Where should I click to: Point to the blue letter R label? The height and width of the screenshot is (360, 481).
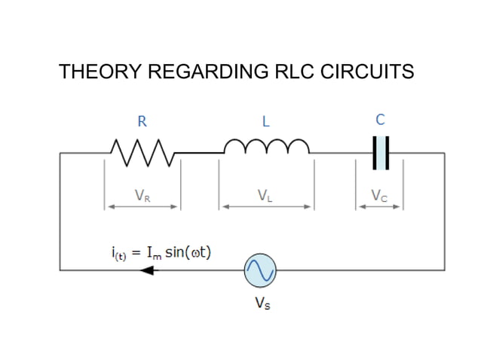point(141,121)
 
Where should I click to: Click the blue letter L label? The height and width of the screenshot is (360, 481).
point(265,121)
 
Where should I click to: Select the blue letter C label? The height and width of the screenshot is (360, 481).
point(380,119)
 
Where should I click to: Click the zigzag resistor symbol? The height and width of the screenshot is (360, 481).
point(142,152)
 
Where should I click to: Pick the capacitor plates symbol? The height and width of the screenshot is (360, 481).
point(381,153)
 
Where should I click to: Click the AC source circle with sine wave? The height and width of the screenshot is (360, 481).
point(261,270)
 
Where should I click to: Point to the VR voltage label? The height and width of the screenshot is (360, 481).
point(142,196)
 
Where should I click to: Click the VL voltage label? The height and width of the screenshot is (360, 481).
point(265,196)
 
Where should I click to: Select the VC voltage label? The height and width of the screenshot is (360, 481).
point(379,196)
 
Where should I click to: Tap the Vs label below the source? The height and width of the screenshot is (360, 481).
point(261,304)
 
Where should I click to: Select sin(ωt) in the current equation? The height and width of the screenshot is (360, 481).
point(188,252)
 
